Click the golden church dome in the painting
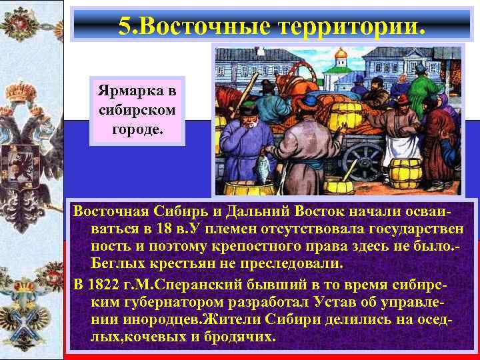[341, 53]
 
